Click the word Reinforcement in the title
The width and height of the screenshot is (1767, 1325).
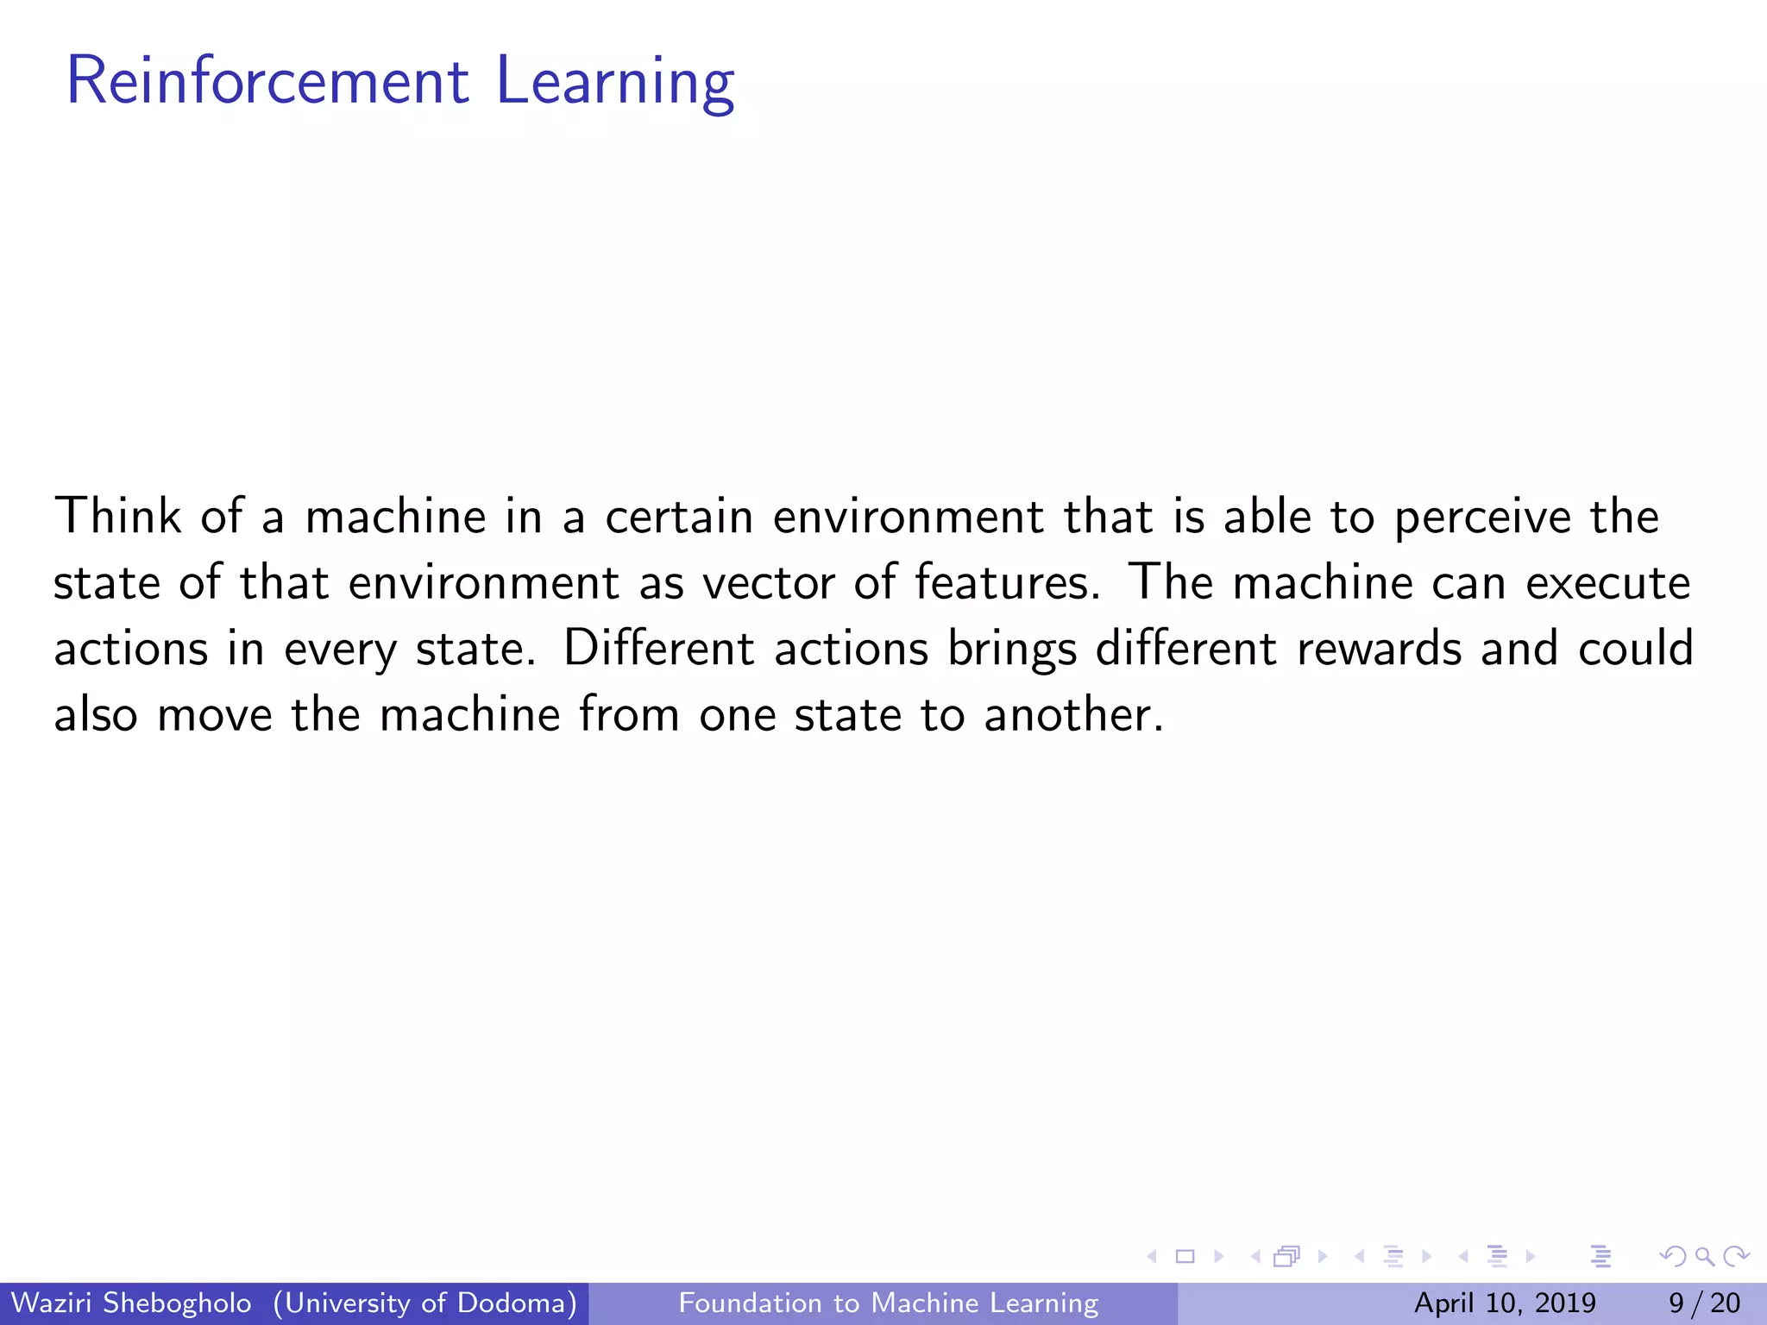click(267, 81)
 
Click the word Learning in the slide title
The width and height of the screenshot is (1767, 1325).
click(615, 81)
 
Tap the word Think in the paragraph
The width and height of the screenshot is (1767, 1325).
click(117, 517)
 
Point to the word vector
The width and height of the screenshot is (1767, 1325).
click(769, 583)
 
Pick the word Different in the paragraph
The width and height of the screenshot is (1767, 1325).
click(659, 648)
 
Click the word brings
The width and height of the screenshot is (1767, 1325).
click(1012, 650)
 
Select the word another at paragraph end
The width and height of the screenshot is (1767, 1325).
click(1073, 715)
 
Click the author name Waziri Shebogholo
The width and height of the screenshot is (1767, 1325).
click(131, 1303)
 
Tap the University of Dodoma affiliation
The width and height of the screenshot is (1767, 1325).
click(425, 1303)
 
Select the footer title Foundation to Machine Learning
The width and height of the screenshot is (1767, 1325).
click(889, 1303)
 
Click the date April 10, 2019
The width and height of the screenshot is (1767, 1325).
click(1505, 1303)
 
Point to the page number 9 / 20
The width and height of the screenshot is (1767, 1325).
click(1704, 1303)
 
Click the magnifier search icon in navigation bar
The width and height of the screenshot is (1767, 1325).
click(1705, 1257)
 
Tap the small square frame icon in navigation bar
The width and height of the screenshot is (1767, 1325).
click(1185, 1257)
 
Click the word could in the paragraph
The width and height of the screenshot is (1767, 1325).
click(1636, 648)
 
